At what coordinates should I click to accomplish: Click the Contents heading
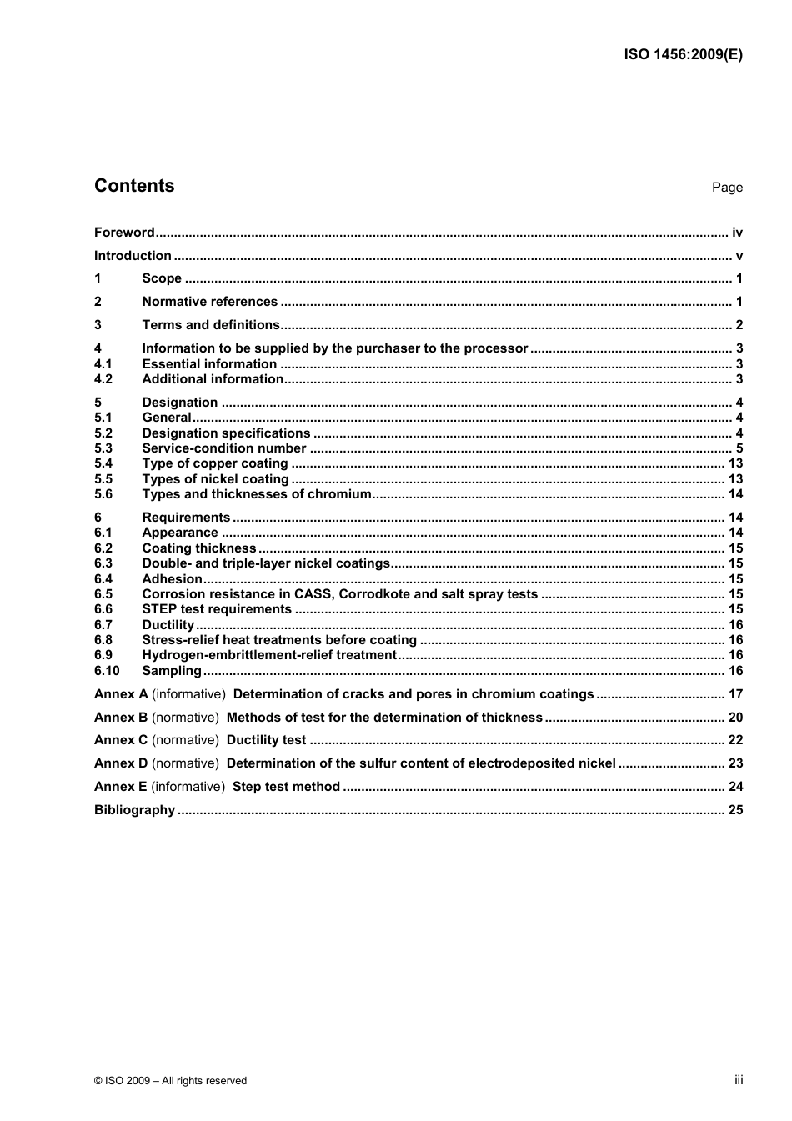pyautogui.click(x=134, y=186)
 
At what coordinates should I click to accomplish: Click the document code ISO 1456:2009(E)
pyautogui.click(x=683, y=55)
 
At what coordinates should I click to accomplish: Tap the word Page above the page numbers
pyautogui.click(x=727, y=188)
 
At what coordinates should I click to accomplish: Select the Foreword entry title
pyautogui.click(x=124, y=233)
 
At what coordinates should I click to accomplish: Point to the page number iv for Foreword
pyautogui.click(x=737, y=233)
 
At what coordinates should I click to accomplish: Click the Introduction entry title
pyautogui.click(x=133, y=256)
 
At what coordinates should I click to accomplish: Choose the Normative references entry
pyautogui.click(x=209, y=302)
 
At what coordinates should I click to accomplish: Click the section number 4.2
pyautogui.click(x=103, y=379)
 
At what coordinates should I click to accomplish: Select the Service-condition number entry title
pyautogui.click(x=223, y=448)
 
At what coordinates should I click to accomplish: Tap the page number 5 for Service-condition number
pyautogui.click(x=739, y=448)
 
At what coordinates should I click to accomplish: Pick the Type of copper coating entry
pyautogui.click(x=214, y=463)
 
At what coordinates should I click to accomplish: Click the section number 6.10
pyautogui.click(x=107, y=671)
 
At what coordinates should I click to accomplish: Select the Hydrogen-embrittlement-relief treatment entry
pyautogui.click(x=268, y=655)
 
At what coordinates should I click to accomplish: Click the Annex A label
pyautogui.click(x=121, y=694)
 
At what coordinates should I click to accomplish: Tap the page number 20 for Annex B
pyautogui.click(x=735, y=718)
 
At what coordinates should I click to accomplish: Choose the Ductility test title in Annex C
pyautogui.click(x=266, y=740)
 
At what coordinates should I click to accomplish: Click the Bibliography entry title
pyautogui.click(x=134, y=810)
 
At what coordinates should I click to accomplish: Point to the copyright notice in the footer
pyautogui.click(x=170, y=1081)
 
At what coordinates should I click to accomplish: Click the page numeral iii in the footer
pyautogui.click(x=739, y=1080)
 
